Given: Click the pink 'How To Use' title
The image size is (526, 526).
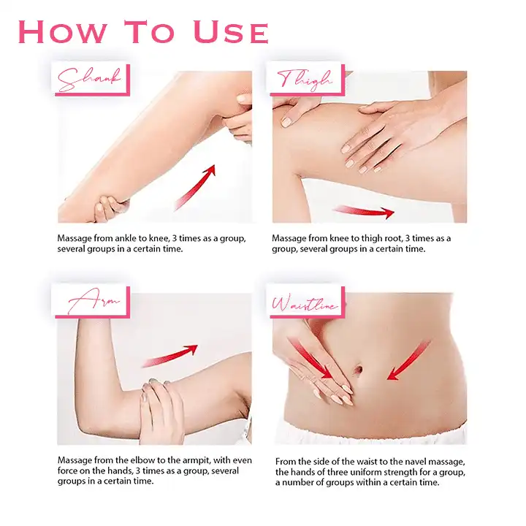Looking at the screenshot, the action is pos(143,32).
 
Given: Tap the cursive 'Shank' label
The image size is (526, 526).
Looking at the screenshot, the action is pos(89,80).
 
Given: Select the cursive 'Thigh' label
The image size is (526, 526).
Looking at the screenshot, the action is pos(305,80).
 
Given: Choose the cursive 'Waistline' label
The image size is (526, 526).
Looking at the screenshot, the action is pos(305,303).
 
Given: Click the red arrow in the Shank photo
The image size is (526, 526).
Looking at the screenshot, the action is pos(195,188).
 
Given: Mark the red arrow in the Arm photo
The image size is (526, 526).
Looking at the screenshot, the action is pos(170,356).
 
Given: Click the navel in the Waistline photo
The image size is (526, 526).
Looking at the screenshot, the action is pos(358,370).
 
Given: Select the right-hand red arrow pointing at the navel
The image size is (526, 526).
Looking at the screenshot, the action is pos(408,361).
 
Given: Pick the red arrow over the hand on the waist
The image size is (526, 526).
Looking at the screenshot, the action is pos(311,359).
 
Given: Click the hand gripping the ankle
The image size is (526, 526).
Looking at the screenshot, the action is pos(107,208).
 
